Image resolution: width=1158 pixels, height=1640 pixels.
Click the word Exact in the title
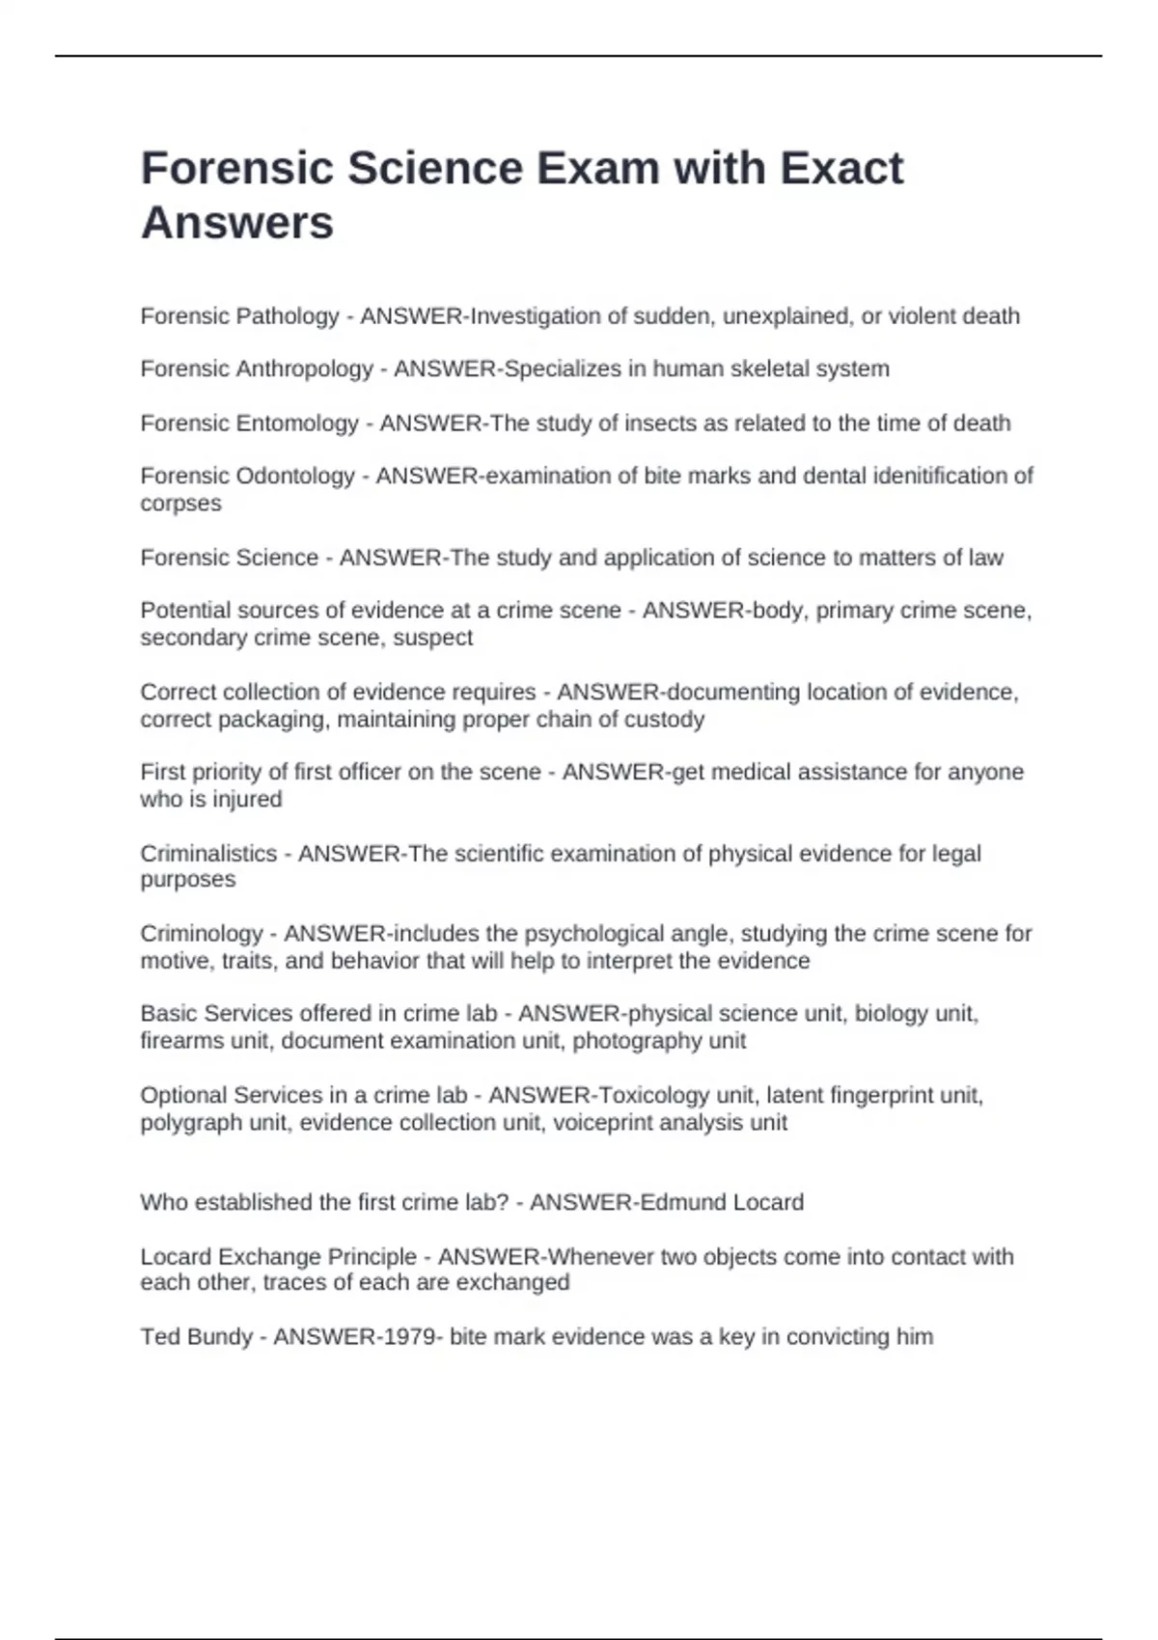[841, 168]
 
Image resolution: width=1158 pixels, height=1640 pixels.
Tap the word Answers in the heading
[237, 223]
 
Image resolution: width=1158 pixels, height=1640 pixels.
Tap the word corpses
[180, 504]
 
